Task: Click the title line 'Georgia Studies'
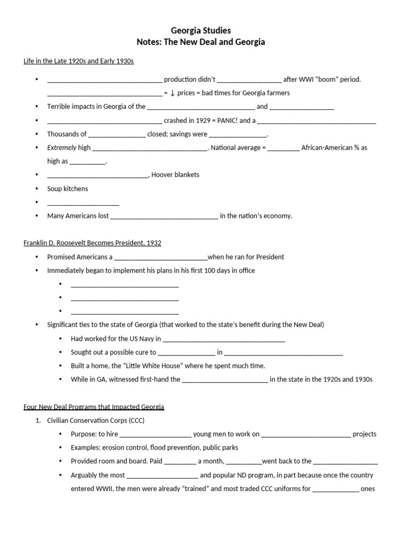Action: [x=200, y=31]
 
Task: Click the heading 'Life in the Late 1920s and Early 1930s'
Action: [x=79, y=61]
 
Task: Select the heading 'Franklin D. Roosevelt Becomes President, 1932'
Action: [x=92, y=243]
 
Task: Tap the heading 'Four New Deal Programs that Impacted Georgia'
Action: [x=94, y=407]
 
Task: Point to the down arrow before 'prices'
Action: [x=172, y=93]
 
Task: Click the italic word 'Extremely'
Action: [x=62, y=148]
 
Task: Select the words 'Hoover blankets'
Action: [x=175, y=175]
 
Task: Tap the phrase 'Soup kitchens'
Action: [x=68, y=188]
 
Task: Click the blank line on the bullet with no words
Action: [x=83, y=203]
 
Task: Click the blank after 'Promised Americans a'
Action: [x=161, y=258]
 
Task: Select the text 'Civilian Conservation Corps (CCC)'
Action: [x=96, y=420]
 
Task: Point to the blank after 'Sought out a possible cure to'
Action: [x=186, y=353]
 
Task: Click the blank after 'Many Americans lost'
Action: [x=164, y=216]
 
